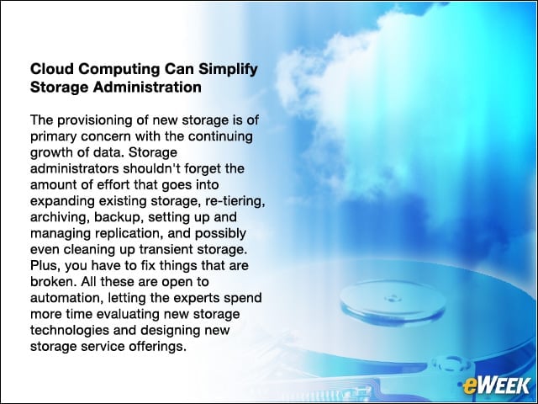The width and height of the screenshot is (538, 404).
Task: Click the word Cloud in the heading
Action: [x=52, y=69]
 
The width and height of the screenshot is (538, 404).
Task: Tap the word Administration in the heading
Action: [x=147, y=87]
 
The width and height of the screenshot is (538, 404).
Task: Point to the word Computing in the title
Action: [x=119, y=70]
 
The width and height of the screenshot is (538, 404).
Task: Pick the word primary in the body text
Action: [x=53, y=137]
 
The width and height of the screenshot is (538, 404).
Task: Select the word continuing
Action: [x=220, y=137]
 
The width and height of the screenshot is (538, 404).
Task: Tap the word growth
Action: [x=50, y=153]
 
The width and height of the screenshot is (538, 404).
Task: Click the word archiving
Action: [x=60, y=217]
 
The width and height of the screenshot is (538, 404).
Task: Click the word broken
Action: [x=54, y=282]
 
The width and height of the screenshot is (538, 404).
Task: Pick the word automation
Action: [x=66, y=298]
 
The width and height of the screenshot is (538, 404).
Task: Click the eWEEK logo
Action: [x=496, y=385]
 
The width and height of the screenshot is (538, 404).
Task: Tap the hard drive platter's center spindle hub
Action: [x=392, y=298]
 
